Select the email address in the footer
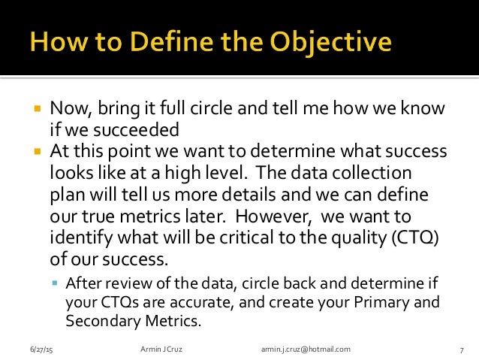pyautogui.click(x=306, y=350)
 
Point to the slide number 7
pyautogui.click(x=460, y=350)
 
